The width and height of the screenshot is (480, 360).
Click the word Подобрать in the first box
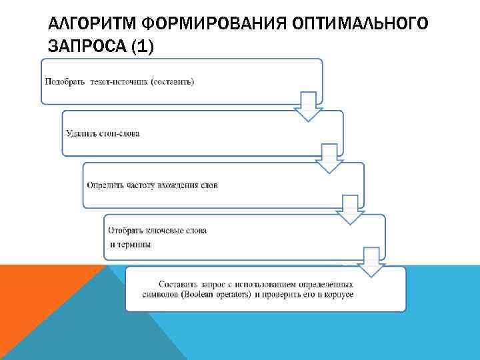(65, 82)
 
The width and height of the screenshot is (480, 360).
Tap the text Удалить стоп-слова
(103, 133)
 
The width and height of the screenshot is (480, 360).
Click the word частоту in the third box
(139, 185)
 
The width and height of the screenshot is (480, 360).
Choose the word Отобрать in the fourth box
(127, 231)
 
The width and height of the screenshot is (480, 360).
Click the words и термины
(131, 244)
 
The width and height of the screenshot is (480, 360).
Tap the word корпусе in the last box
(338, 294)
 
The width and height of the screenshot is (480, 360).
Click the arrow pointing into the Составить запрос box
(370, 261)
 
